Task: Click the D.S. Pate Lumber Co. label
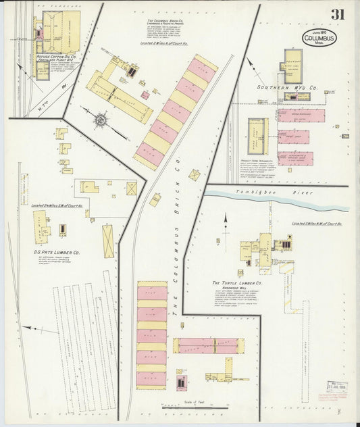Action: (57, 253)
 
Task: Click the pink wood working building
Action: (301, 116)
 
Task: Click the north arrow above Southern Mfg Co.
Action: (251, 66)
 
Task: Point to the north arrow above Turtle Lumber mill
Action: (226, 221)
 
